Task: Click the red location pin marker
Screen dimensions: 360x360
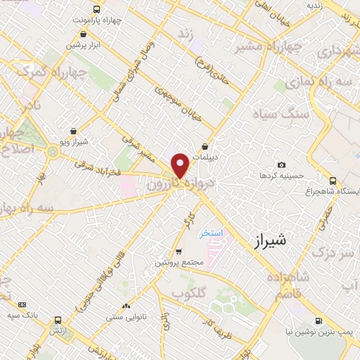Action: [x=181, y=165]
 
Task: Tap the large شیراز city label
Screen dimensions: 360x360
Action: [x=269, y=239]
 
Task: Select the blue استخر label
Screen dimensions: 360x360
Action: [x=209, y=233]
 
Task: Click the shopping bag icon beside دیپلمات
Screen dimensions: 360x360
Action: [x=205, y=146]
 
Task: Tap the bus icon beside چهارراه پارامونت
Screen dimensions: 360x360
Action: [x=96, y=10]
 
